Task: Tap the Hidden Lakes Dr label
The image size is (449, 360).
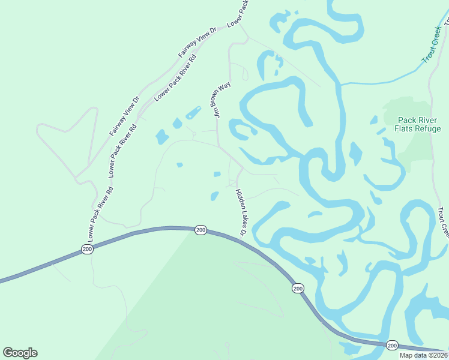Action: coord(241,212)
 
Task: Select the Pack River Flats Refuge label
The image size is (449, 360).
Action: coord(418,124)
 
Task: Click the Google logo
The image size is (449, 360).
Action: coord(20,353)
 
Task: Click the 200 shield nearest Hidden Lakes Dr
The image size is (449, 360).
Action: coord(200,230)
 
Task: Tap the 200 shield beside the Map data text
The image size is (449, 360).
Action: coord(392,345)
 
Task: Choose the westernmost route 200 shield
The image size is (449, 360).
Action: coord(88,249)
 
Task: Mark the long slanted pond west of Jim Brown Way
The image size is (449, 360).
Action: coord(193,113)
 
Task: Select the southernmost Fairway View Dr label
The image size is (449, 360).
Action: coord(124,115)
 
